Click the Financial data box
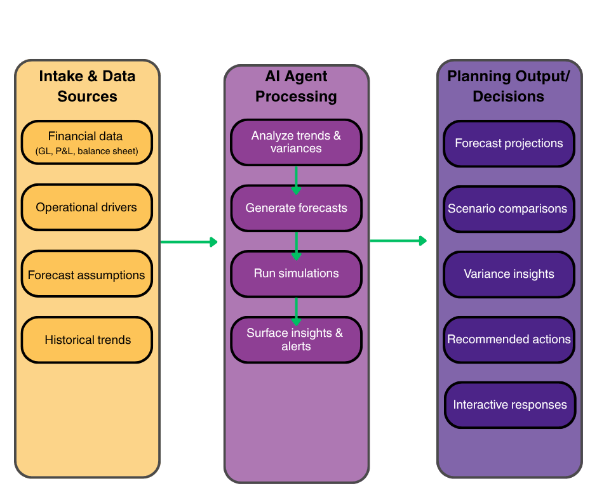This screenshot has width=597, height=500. click(86, 143)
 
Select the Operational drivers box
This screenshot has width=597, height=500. click(86, 207)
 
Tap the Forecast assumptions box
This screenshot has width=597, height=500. click(86, 275)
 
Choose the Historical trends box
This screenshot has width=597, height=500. click(86, 340)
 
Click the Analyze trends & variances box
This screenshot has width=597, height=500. click(296, 142)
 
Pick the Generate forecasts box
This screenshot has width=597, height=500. click(296, 207)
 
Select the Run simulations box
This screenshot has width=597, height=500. click(296, 273)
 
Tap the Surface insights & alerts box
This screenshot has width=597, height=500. click(296, 339)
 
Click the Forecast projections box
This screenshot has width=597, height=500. click(509, 143)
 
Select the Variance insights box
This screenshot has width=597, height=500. click(509, 274)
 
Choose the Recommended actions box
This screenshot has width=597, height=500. click(509, 339)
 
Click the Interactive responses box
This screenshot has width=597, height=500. click(509, 405)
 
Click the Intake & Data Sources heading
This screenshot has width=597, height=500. click(87, 86)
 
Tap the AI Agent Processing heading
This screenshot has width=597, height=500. click(296, 86)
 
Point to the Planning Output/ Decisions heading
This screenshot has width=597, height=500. click(509, 86)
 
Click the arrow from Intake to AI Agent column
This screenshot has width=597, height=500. click(189, 242)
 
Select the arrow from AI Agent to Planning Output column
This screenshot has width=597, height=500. click(398, 240)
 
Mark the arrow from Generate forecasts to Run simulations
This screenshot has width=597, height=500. click(296, 245)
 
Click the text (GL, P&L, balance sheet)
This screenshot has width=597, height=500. click(86, 152)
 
